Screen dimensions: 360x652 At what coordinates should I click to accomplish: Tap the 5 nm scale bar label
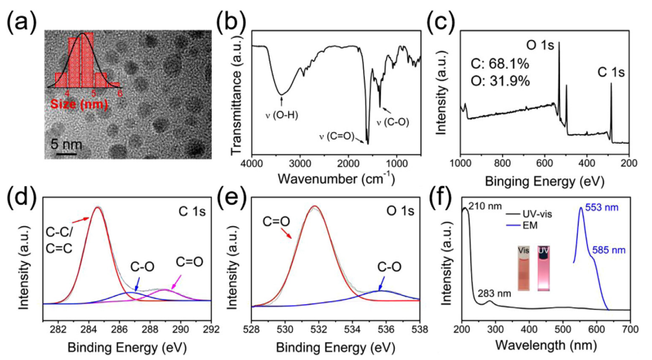[66, 144]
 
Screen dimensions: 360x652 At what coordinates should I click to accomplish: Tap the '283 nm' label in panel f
[501, 294]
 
